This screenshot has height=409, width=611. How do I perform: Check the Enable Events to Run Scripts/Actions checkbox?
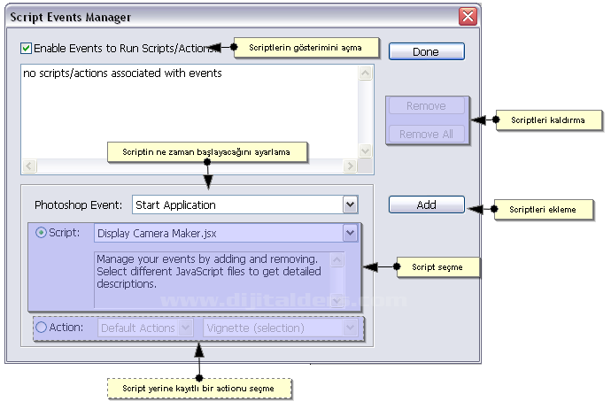[x=26, y=48]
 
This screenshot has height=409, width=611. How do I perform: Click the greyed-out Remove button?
[x=426, y=106]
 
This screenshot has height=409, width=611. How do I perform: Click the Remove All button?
[x=426, y=134]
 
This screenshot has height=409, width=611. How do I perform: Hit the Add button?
[x=426, y=204]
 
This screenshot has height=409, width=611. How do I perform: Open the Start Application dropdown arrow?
[x=350, y=204]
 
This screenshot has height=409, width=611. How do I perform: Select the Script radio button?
[x=41, y=233]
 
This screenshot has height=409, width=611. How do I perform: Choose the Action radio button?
[x=41, y=328]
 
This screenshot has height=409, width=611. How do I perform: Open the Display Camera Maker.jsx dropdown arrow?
[x=350, y=233]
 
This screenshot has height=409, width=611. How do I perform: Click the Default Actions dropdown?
[x=145, y=328]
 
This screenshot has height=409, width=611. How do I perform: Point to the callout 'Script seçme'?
[x=437, y=266]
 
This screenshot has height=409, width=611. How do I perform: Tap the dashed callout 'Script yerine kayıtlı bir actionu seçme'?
[x=199, y=388]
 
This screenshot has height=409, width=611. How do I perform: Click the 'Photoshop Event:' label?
[x=78, y=204]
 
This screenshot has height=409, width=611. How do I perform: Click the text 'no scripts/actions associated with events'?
[x=122, y=73]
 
